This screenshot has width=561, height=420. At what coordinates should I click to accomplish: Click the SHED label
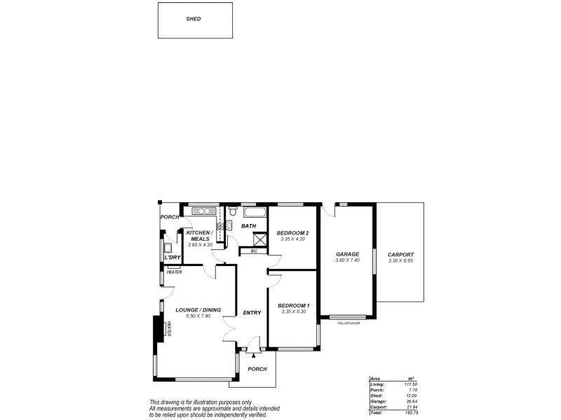coord(193,19)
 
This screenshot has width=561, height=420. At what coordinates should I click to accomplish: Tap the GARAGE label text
coord(347,254)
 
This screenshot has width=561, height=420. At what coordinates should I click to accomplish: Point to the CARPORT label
coord(400,255)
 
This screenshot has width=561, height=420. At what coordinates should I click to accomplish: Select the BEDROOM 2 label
coord(293,233)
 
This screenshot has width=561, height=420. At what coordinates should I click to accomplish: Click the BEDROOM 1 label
coord(293,306)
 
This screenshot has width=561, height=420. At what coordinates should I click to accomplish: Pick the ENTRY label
coord(252,312)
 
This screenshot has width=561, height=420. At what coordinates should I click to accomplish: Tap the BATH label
coord(249,226)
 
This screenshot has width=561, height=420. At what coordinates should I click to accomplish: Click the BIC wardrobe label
coord(254,250)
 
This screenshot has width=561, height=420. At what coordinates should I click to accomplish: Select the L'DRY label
coord(172,258)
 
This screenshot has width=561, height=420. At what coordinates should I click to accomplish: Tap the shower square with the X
coord(259,238)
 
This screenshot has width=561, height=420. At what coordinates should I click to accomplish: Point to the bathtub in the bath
coord(252,211)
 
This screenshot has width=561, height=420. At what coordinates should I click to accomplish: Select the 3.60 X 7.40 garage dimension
coord(347,261)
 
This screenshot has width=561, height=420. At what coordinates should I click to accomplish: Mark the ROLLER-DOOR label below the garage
coord(348,323)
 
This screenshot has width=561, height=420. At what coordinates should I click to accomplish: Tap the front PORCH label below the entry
coord(257,368)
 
